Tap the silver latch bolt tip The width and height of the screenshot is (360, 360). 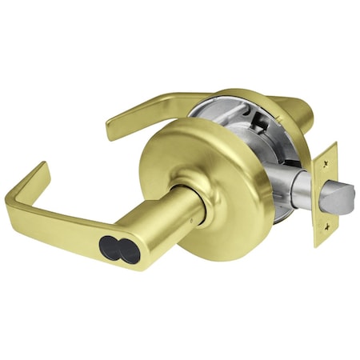coord(336,197)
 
